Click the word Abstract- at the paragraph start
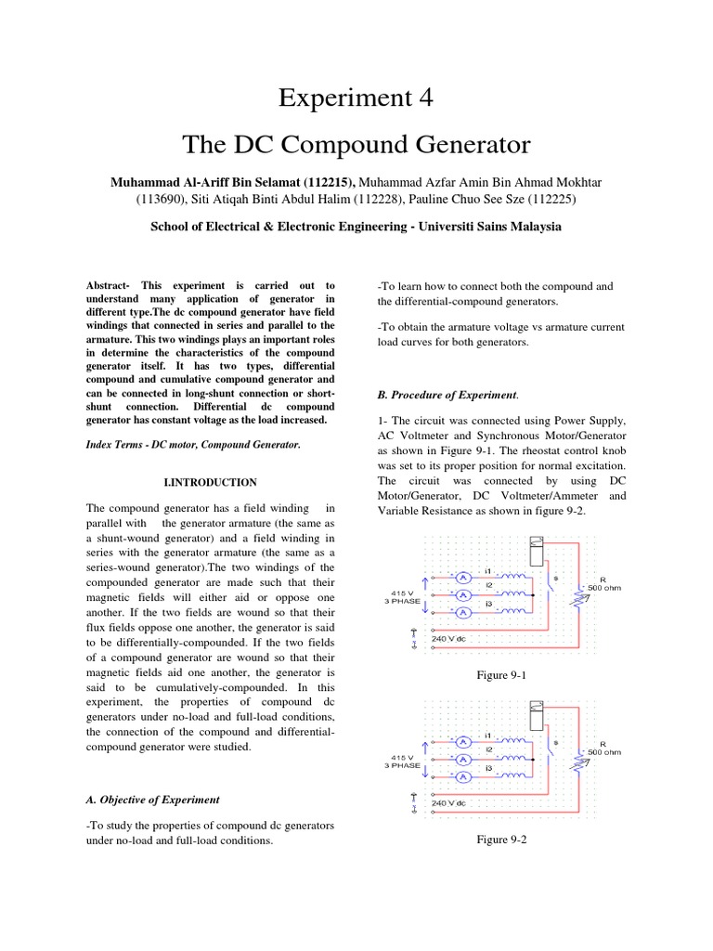click(x=110, y=285)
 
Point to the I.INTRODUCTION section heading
click(x=210, y=482)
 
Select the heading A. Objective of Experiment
click(x=152, y=799)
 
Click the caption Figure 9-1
click(x=499, y=675)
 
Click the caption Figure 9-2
click(x=499, y=840)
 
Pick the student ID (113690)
click(x=160, y=200)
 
